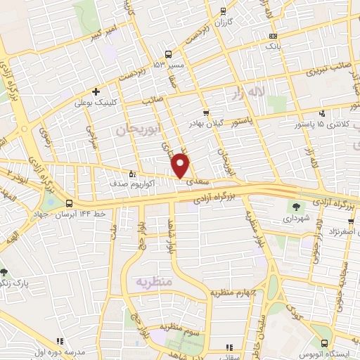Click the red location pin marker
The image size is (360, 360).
(x=181, y=165)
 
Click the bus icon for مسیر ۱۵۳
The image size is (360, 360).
(x=168, y=53)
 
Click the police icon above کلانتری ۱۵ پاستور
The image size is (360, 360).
(x=322, y=113)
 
